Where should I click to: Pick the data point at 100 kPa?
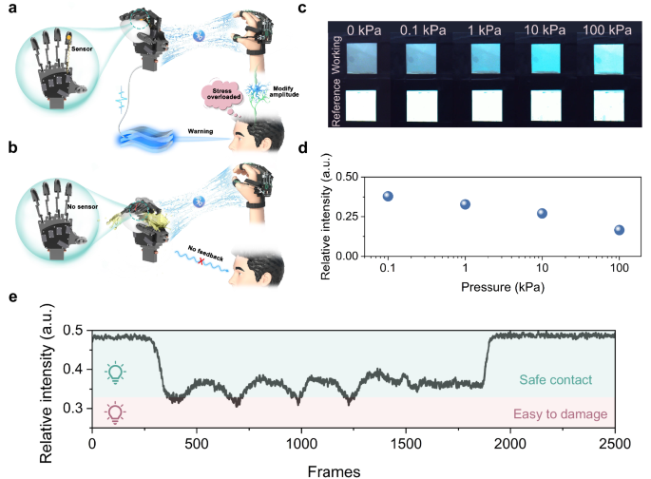[x=620, y=230]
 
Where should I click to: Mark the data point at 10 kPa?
[x=543, y=214]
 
